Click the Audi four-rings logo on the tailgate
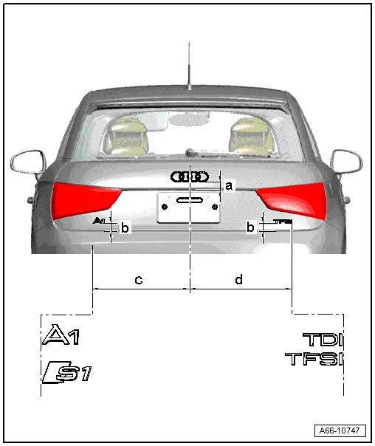[x=190, y=176]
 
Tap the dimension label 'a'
[x=229, y=185]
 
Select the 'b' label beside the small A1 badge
[x=125, y=228]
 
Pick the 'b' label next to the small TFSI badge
[x=251, y=227]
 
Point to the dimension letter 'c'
[x=138, y=279]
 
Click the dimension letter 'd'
[x=238, y=279]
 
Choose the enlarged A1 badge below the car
[x=61, y=337]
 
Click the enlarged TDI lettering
[x=323, y=340]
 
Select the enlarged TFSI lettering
[x=314, y=360]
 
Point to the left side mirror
[x=27, y=160]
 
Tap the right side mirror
[x=347, y=159]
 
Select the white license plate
[x=188, y=207]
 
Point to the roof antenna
[x=189, y=66]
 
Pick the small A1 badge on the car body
[x=100, y=221]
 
